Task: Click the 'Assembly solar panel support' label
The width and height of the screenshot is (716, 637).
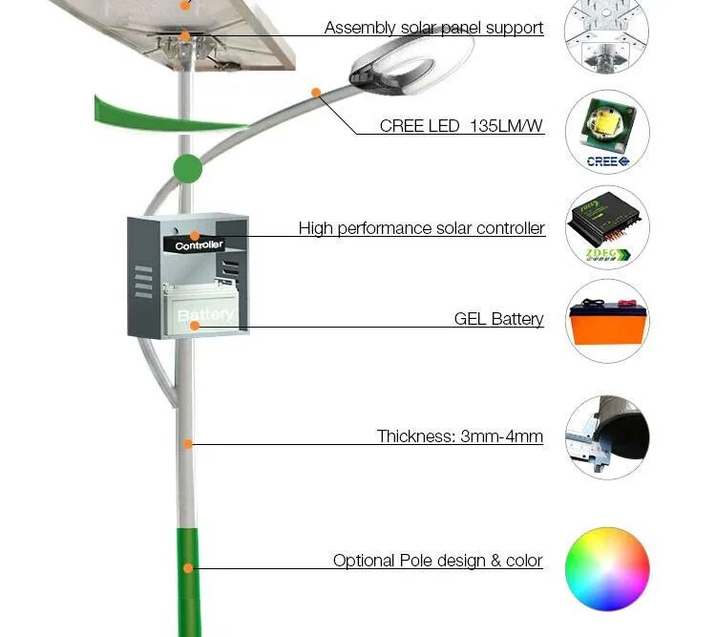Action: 433,28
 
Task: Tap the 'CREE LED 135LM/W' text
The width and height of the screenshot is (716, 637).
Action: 462,126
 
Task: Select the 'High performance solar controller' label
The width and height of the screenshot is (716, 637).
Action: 421,228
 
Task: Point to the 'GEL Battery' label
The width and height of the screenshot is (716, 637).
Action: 498,319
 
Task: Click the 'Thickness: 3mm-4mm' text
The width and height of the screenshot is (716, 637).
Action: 460,436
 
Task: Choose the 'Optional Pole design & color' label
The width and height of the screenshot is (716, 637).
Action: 437,561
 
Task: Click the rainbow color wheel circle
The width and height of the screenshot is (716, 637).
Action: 607,568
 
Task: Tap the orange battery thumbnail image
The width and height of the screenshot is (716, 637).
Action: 607,322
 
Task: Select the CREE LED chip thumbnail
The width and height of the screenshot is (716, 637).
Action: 607,132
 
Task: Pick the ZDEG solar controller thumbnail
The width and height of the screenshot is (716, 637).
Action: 607,227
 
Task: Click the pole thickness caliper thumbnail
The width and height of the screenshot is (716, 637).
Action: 607,437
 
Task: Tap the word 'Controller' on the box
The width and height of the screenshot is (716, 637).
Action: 200,245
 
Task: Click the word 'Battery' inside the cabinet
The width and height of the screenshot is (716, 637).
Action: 205,314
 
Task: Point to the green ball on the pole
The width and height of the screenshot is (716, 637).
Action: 187,169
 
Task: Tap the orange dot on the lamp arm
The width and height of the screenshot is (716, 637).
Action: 315,93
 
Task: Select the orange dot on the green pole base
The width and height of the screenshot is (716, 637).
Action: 189,568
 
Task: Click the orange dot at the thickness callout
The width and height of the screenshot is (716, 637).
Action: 189,443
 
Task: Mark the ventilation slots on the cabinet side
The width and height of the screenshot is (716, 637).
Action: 143,282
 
